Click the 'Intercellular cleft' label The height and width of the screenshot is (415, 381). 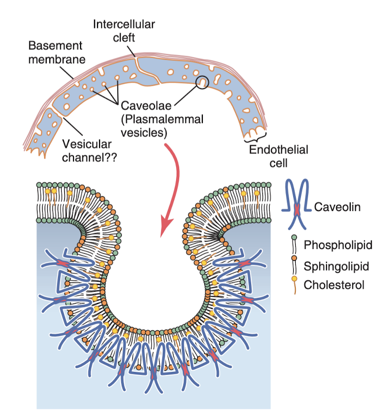pos(124,31)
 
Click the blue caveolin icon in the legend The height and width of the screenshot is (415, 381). pos(296,203)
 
